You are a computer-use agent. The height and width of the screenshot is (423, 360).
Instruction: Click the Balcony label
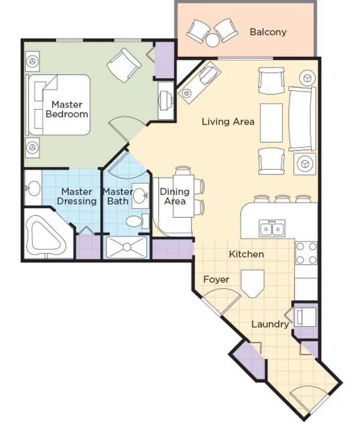coord(268,32)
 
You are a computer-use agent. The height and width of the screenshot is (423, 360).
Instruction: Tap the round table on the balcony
coord(213,40)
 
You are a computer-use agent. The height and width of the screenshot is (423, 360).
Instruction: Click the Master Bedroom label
coord(67,109)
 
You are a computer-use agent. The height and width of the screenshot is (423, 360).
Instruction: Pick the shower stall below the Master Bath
coord(127,247)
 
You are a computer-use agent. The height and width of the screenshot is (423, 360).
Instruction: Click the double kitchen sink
coord(272,228)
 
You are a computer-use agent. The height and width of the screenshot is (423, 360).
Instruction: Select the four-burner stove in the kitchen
coord(306,253)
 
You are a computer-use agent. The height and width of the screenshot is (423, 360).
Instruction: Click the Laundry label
coord(270,324)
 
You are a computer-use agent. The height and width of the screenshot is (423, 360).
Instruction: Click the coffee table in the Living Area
coord(271,123)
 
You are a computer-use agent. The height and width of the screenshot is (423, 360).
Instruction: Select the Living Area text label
coord(228,122)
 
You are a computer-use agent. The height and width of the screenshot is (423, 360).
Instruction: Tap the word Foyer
coord(216,280)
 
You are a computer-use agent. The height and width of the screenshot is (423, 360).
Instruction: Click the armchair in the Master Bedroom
coord(124,65)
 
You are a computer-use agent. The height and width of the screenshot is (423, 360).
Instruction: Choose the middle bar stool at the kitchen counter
coord(282,199)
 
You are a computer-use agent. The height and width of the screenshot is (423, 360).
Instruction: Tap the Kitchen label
coord(246,254)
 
